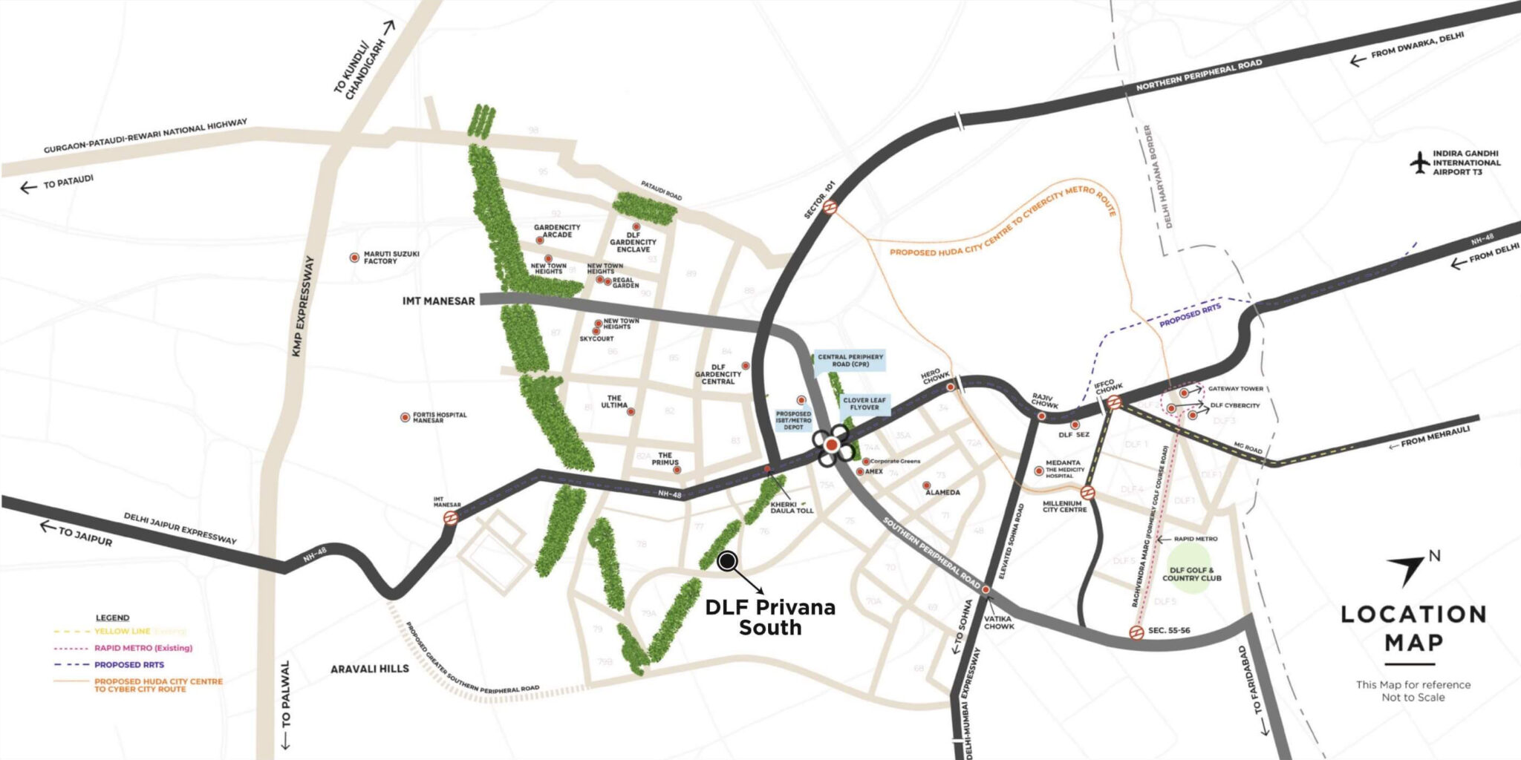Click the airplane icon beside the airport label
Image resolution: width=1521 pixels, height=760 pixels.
tap(1419, 163)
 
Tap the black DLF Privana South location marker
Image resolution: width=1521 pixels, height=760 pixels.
tap(728, 561)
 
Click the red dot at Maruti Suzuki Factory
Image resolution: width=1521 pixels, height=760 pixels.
tap(354, 258)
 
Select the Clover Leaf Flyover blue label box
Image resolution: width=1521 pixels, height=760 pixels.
tap(864, 404)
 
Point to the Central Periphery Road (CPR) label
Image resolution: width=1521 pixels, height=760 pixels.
tap(850, 361)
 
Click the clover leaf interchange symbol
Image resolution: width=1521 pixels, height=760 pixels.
tap(832, 445)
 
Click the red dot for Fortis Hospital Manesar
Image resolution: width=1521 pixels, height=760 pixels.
tap(405, 418)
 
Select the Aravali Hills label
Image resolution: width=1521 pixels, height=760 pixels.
tap(370, 669)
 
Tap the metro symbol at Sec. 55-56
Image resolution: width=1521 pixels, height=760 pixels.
tap(1136, 632)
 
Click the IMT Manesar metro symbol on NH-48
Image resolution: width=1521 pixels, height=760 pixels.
tap(450, 518)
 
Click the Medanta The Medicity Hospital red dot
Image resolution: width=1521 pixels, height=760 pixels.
tap(1039, 471)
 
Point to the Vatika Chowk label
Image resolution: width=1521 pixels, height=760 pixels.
tap(998, 622)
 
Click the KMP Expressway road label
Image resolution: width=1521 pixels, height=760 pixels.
tap(303, 306)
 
